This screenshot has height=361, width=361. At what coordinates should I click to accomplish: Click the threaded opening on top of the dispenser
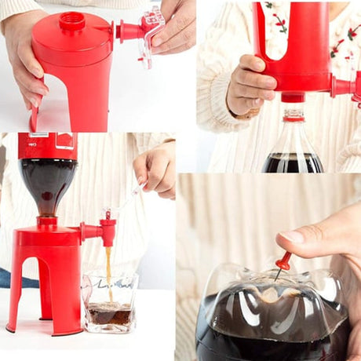pos(71,21)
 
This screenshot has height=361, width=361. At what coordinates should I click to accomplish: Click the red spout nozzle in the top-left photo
pos(128,31)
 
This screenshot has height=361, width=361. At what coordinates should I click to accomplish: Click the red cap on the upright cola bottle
pos(294,115)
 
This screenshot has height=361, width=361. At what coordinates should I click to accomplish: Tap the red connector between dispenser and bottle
pos(293,97)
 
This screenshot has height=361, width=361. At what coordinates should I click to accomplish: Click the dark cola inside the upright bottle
pos(292,162)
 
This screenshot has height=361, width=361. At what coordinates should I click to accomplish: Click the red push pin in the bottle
pos(283,262)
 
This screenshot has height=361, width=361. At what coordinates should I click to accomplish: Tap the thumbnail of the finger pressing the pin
pos(292,235)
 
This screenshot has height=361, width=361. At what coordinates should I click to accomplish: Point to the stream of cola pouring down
pos(108,271)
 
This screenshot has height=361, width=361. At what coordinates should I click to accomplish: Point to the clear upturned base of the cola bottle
pos(271,294)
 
